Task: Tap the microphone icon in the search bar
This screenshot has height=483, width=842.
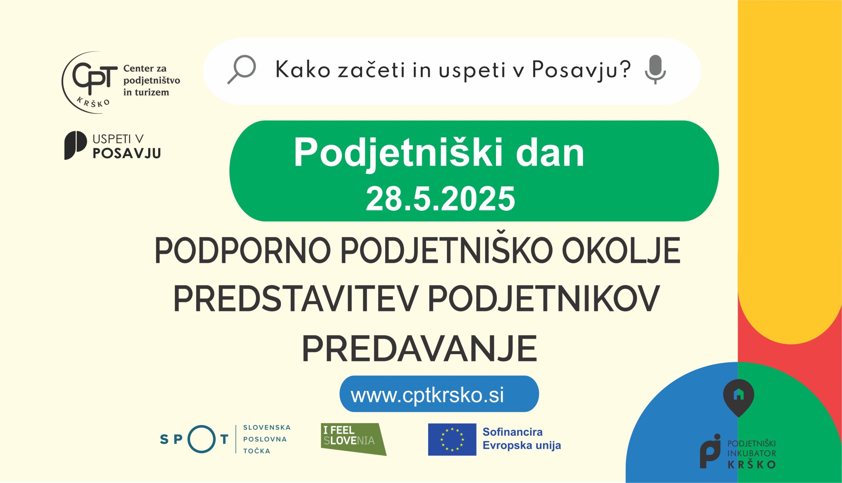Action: click(655, 70)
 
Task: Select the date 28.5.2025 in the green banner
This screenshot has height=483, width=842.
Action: click(440, 199)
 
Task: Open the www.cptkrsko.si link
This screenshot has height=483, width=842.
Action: click(427, 395)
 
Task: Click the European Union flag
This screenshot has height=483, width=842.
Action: click(452, 439)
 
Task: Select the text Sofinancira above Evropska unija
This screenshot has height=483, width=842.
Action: click(512, 432)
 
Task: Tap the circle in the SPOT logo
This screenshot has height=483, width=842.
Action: click(202, 439)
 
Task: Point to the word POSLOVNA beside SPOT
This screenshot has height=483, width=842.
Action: click(265, 439)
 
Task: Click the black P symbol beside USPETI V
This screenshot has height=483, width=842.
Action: click(75, 145)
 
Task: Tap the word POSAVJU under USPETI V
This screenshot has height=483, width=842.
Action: click(127, 153)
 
